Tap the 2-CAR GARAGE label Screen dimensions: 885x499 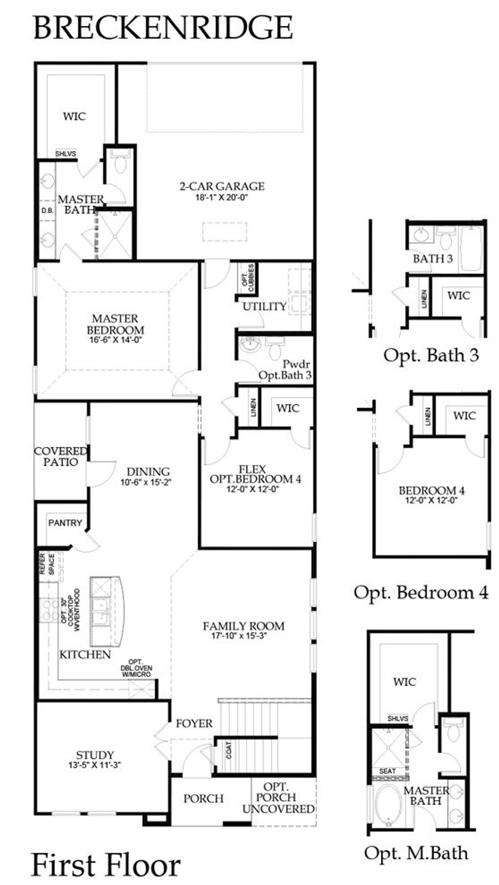pyautogui.click(x=222, y=186)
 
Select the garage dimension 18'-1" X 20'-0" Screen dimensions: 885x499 pyautogui.click(x=222, y=198)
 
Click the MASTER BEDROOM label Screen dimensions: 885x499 pyautogui.click(x=115, y=324)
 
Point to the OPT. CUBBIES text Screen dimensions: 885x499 pyautogui.click(x=248, y=278)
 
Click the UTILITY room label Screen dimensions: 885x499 pyautogui.click(x=264, y=307)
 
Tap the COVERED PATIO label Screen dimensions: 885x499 pyautogui.click(x=60, y=456)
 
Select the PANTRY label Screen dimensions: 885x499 pyautogui.click(x=65, y=523)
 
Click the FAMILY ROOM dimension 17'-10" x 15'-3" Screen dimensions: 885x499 pyautogui.click(x=243, y=636)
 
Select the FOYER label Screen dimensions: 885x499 pyautogui.click(x=194, y=724)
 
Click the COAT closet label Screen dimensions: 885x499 pyautogui.click(x=228, y=750)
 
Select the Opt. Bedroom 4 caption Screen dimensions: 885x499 pyautogui.click(x=421, y=593)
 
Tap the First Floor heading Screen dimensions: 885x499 pyautogui.click(x=106, y=864)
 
